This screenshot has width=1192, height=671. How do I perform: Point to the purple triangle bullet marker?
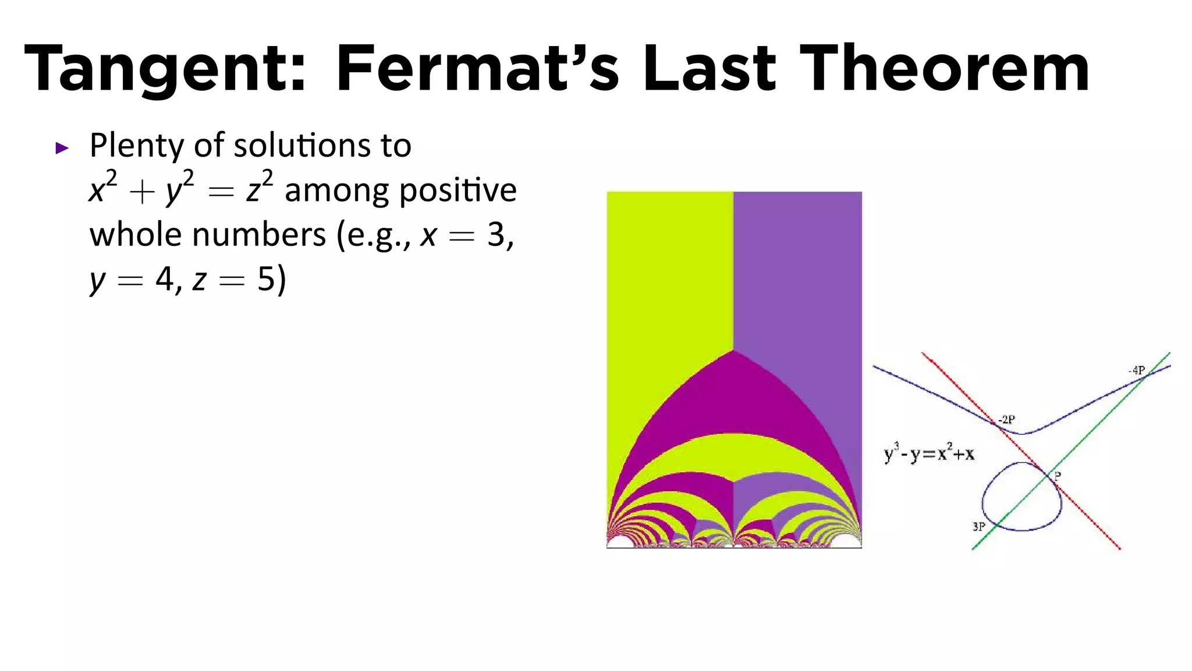[62, 148]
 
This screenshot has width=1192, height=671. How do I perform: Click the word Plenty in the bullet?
[137, 146]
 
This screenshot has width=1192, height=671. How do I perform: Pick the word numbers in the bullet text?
[258, 235]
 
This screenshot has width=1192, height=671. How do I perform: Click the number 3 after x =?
[496, 235]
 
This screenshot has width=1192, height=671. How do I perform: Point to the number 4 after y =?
[164, 280]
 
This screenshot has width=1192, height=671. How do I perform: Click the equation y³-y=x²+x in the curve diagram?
[929, 453]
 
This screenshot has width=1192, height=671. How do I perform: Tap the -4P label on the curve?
[1136, 370]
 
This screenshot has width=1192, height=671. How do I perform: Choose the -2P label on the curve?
[1006, 419]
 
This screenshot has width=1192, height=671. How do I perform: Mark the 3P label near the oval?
[979, 527]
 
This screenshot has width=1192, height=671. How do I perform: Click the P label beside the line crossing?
[1058, 476]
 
